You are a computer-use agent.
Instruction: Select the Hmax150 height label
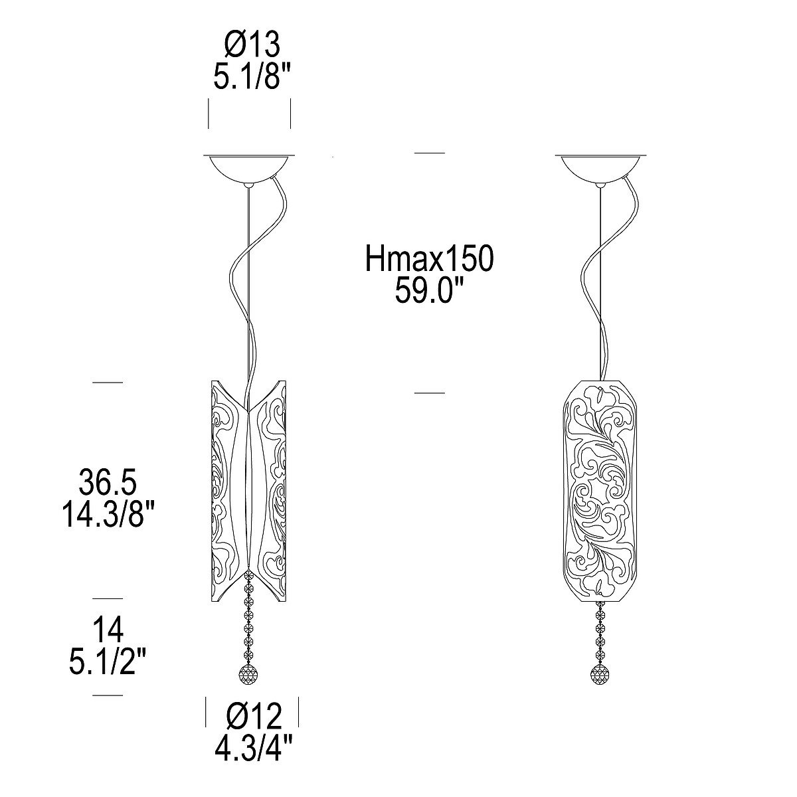coord(429,258)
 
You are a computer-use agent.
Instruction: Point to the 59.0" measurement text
coord(430,290)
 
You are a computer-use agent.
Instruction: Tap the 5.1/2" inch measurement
coord(108,660)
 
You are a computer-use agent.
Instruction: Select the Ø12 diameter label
coord(254,717)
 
